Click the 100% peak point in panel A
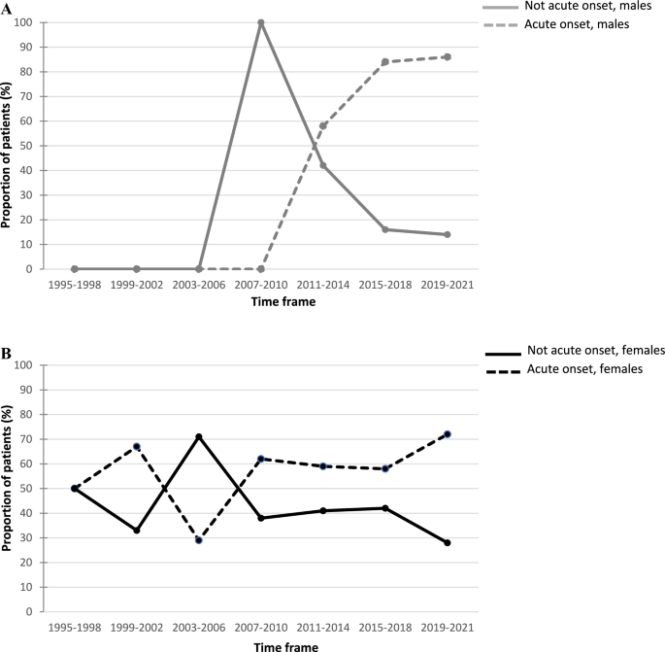pyautogui.click(x=261, y=22)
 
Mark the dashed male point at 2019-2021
pyautogui.click(x=448, y=57)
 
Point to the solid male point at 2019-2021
pyautogui.click(x=448, y=234)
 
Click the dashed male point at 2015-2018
pyautogui.click(x=385, y=62)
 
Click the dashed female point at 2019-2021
pyautogui.click(x=448, y=434)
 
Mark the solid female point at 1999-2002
pyautogui.click(x=137, y=531)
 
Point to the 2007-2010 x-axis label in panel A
pyautogui.click(x=261, y=286)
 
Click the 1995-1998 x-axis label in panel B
pyautogui.click(x=75, y=629)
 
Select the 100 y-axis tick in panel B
pyautogui.click(x=29, y=365)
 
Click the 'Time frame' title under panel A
pyautogui.click(x=261, y=302)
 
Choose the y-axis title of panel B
pyautogui.click(x=8, y=489)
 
